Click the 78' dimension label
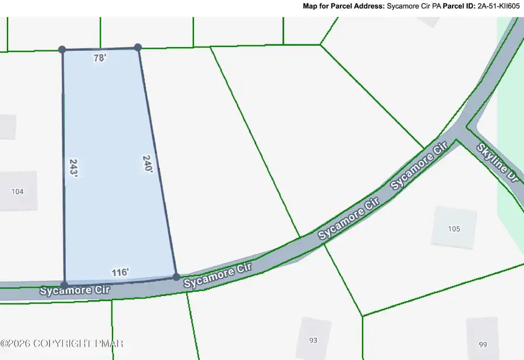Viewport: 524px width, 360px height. click(100, 58)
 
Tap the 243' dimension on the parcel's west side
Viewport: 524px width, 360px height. click(73, 171)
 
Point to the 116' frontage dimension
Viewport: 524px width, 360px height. click(120, 272)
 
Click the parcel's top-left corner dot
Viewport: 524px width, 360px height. click(62, 50)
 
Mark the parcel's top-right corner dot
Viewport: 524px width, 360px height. click(138, 47)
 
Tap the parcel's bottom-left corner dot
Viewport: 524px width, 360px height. click(64, 285)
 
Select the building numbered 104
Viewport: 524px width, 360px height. click(18, 190)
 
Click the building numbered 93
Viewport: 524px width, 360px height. click(313, 340)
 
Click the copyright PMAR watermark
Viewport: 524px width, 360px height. click(62, 344)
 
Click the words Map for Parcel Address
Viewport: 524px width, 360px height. click(343, 6)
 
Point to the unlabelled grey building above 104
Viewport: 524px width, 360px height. click(7, 126)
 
